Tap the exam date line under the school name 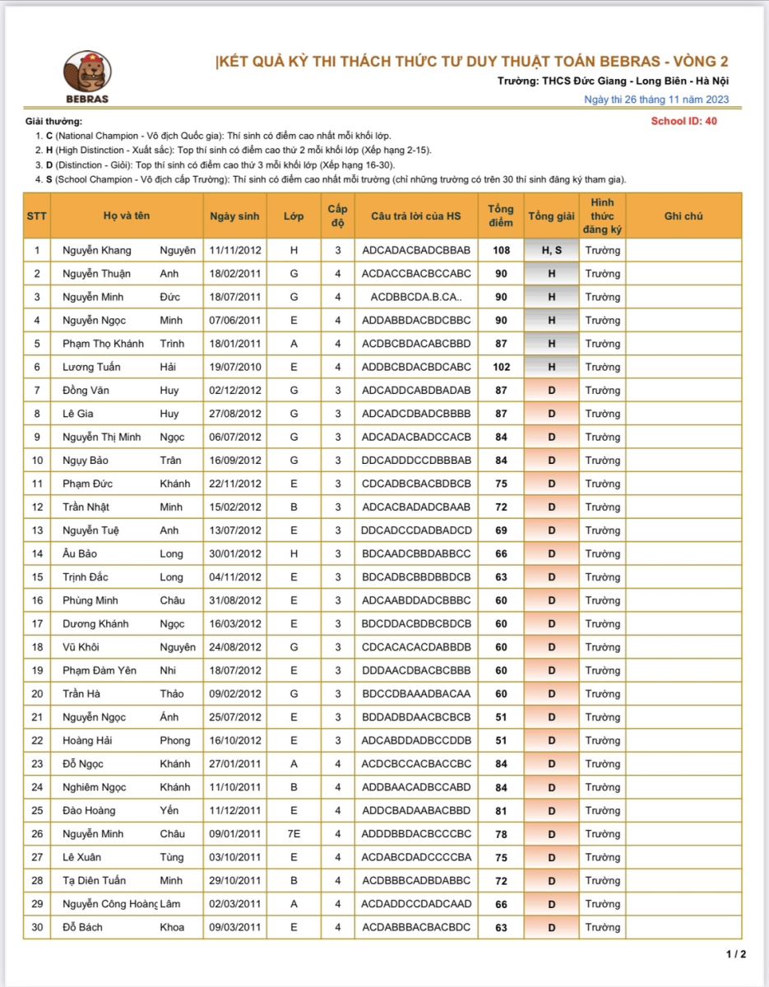[x=656, y=100]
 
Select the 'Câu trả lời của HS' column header [x=416, y=216]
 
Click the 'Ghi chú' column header [x=683, y=216]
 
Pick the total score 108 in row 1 [x=501, y=250]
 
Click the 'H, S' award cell [x=551, y=250]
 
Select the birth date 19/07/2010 [x=235, y=367]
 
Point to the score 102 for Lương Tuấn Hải [x=501, y=367]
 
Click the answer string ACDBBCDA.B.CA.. [x=416, y=297]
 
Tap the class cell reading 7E [x=294, y=834]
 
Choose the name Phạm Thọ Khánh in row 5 [x=103, y=344]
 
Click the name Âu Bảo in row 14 [x=80, y=554]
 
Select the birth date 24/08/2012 [x=235, y=647]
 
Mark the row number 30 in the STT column [x=37, y=927]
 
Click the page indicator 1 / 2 [x=736, y=954]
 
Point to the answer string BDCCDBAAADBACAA [x=416, y=694]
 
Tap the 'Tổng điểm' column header [x=501, y=216]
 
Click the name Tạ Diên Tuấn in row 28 [x=95, y=881]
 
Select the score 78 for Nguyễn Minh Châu [x=501, y=834]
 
